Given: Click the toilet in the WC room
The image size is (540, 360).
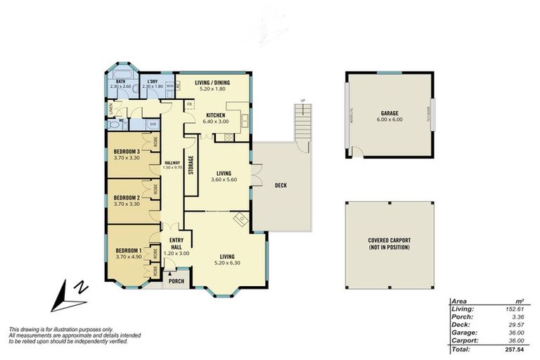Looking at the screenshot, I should click(x=114, y=124).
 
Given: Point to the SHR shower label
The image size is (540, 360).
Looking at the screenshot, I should click(x=153, y=124).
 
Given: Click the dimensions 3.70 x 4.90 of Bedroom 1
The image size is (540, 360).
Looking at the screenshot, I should click(x=129, y=257).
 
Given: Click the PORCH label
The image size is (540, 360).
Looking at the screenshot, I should click(x=176, y=281).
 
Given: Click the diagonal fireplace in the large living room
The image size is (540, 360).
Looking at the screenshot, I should click(x=240, y=219).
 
